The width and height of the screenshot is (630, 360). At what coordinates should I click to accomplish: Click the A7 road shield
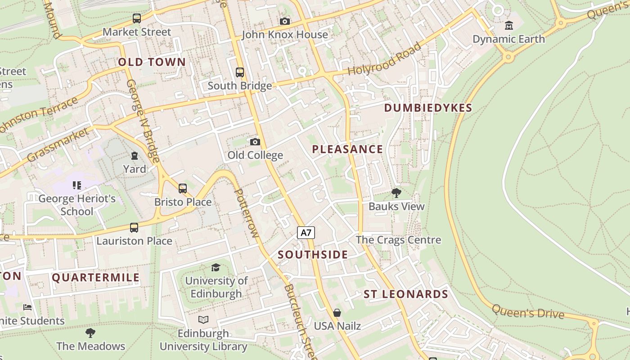tap(306, 233)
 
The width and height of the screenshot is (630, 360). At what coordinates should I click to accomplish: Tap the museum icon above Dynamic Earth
tap(509, 26)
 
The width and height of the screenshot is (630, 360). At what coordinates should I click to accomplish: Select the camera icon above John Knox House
tap(284, 21)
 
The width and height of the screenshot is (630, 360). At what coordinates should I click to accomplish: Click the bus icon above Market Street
tap(137, 18)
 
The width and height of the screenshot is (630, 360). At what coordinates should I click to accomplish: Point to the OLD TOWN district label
tap(152, 62)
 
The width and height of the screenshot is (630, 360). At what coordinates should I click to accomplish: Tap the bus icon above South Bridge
tap(240, 72)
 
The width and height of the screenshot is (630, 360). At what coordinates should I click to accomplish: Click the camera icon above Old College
tap(255, 142)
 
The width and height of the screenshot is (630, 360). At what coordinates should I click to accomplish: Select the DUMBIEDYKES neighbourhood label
tap(428, 108)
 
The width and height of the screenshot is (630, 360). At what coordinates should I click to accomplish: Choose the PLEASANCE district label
tap(347, 149)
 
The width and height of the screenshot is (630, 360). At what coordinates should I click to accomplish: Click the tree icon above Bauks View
tap(396, 193)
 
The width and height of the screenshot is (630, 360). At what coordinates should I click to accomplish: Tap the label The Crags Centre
tap(398, 240)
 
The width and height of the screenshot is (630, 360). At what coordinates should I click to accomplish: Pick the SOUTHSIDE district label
tap(313, 255)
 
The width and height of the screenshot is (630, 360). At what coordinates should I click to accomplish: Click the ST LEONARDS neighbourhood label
tap(405, 294)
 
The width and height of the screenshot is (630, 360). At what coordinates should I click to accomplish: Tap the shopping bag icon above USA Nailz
tap(337, 312)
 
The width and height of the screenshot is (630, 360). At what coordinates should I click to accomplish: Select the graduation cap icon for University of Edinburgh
tap(216, 267)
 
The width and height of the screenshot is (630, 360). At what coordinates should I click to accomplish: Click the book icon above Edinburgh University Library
tap(203, 319)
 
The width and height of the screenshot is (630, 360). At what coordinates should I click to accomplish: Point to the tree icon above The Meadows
tap(90, 333)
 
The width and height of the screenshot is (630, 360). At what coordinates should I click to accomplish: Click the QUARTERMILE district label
tap(96, 278)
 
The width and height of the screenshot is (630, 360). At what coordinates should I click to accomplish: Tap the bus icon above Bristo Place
tap(183, 189)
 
